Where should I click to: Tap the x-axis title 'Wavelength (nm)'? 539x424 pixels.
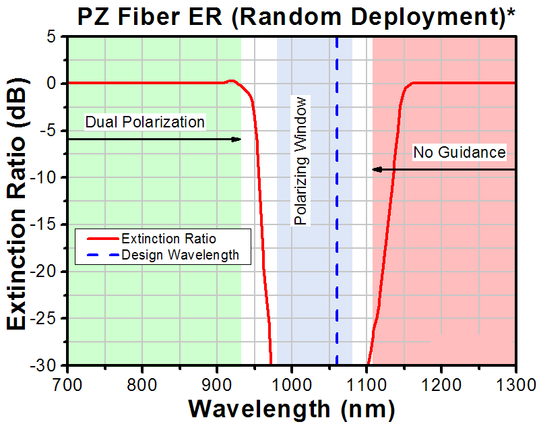click(291, 408)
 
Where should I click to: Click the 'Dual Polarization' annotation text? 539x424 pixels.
click(144, 122)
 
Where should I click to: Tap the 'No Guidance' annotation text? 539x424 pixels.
click(459, 153)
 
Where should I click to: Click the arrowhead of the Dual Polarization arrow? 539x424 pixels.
click(237, 140)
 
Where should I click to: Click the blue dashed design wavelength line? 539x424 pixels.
click(337, 202)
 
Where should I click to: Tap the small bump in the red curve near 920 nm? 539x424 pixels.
click(231, 81)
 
